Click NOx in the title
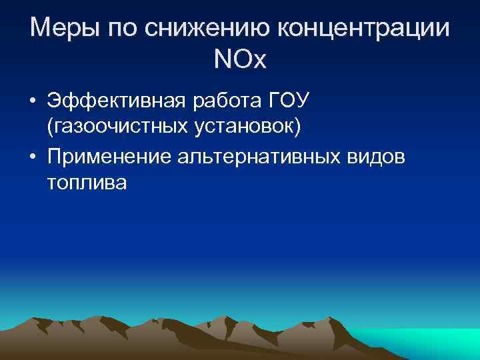[x=240, y=61]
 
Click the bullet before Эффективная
[x=33, y=103]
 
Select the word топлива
[x=87, y=183]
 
